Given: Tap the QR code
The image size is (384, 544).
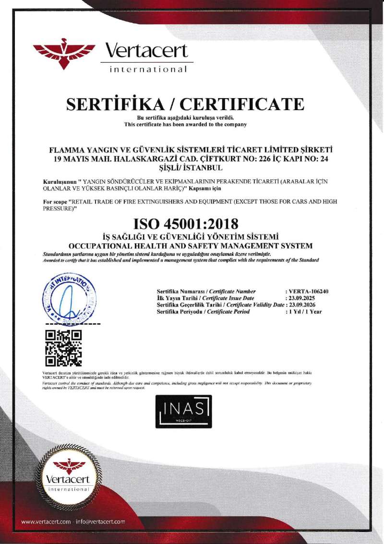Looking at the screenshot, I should click(x=63, y=348).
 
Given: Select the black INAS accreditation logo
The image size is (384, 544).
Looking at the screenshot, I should click(x=183, y=411).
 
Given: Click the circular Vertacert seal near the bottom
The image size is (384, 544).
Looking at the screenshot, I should click(x=69, y=474).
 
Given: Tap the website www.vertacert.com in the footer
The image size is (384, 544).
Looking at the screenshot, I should click(x=46, y=521).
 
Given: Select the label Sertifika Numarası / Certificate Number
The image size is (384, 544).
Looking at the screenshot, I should click(x=206, y=291).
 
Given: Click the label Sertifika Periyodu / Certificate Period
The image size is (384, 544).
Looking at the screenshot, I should click(x=204, y=312).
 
